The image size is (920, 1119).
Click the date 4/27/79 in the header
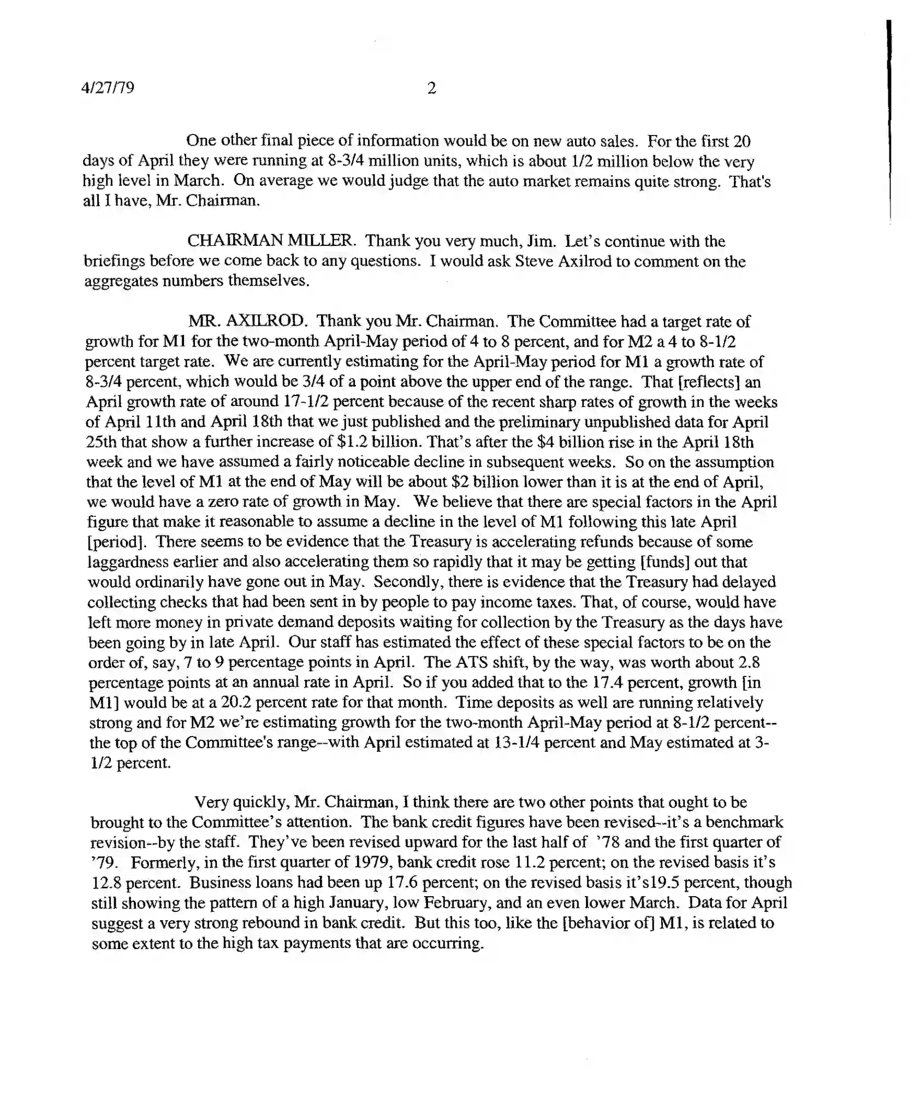tap(108, 87)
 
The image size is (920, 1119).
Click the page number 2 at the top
tap(431, 88)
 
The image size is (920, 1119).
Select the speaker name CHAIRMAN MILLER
tap(270, 241)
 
